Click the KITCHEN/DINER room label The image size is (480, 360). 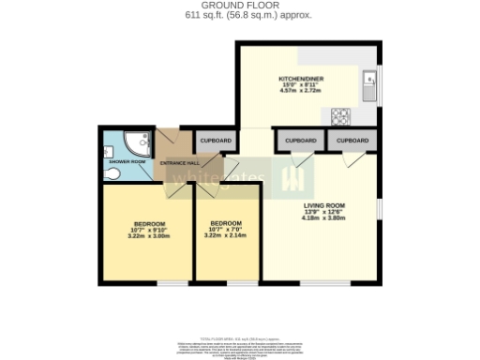[301, 78]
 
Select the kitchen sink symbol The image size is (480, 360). [370, 82]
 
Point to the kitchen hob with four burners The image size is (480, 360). [340, 116]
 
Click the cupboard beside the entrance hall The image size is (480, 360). [216, 142]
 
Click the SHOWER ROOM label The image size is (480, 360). [127, 161]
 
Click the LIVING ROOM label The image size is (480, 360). [324, 204]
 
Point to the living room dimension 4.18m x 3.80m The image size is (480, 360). [324, 217]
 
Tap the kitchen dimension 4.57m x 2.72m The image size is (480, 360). [301, 91]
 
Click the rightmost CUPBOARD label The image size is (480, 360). [352, 141]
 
